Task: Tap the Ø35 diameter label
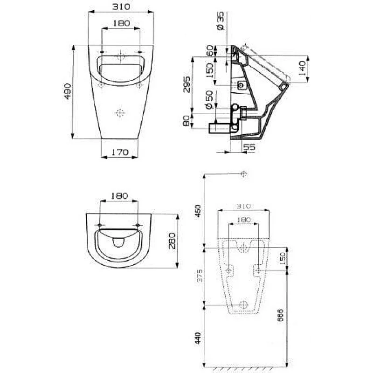pos(221,21)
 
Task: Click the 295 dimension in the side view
pos(186,84)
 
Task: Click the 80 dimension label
pos(186,121)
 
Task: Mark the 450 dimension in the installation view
pos(198,209)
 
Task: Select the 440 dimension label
pos(198,338)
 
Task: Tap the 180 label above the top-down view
pos(119,196)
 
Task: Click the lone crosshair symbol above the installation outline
pos(242,174)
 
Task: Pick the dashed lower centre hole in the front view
pos(120,113)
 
